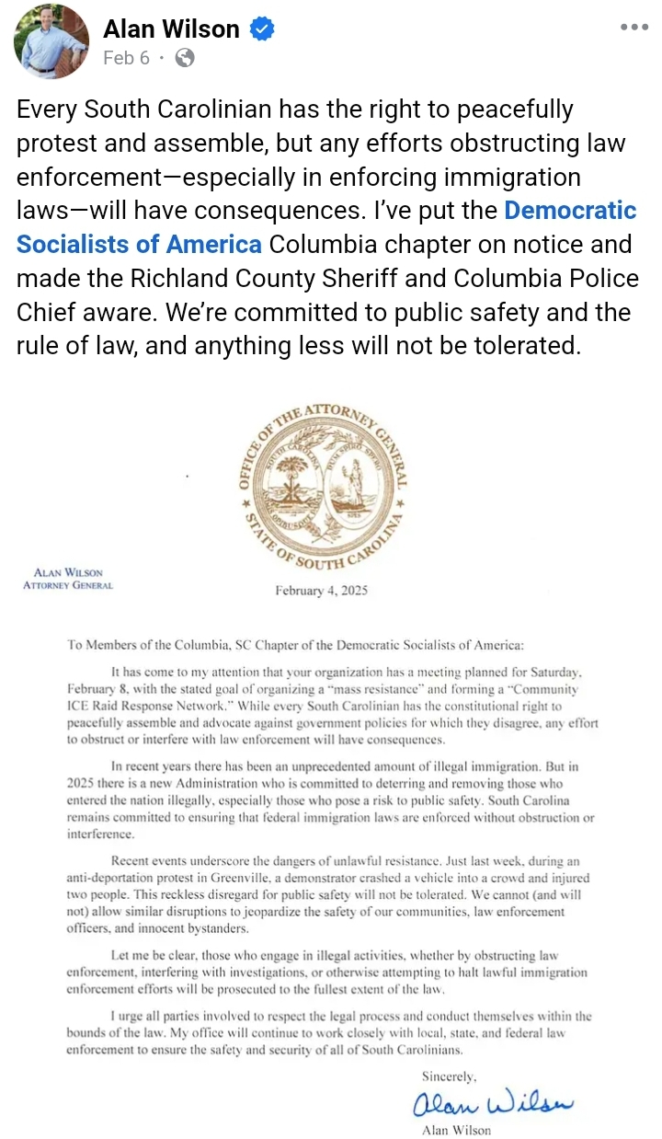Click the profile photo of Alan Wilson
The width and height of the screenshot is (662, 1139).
click(x=51, y=42)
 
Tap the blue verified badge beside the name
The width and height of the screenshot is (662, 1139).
click(x=263, y=29)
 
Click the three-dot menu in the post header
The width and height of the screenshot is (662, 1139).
click(x=634, y=27)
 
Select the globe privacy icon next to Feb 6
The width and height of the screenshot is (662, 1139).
click(x=185, y=58)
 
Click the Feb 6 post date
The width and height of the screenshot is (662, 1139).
click(x=126, y=58)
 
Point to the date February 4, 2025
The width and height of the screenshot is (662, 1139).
click(x=321, y=591)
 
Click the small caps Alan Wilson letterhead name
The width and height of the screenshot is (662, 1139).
click(x=68, y=572)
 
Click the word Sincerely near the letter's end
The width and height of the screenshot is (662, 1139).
click(x=450, y=1076)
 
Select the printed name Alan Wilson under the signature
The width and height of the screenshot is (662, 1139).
click(x=456, y=1130)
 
